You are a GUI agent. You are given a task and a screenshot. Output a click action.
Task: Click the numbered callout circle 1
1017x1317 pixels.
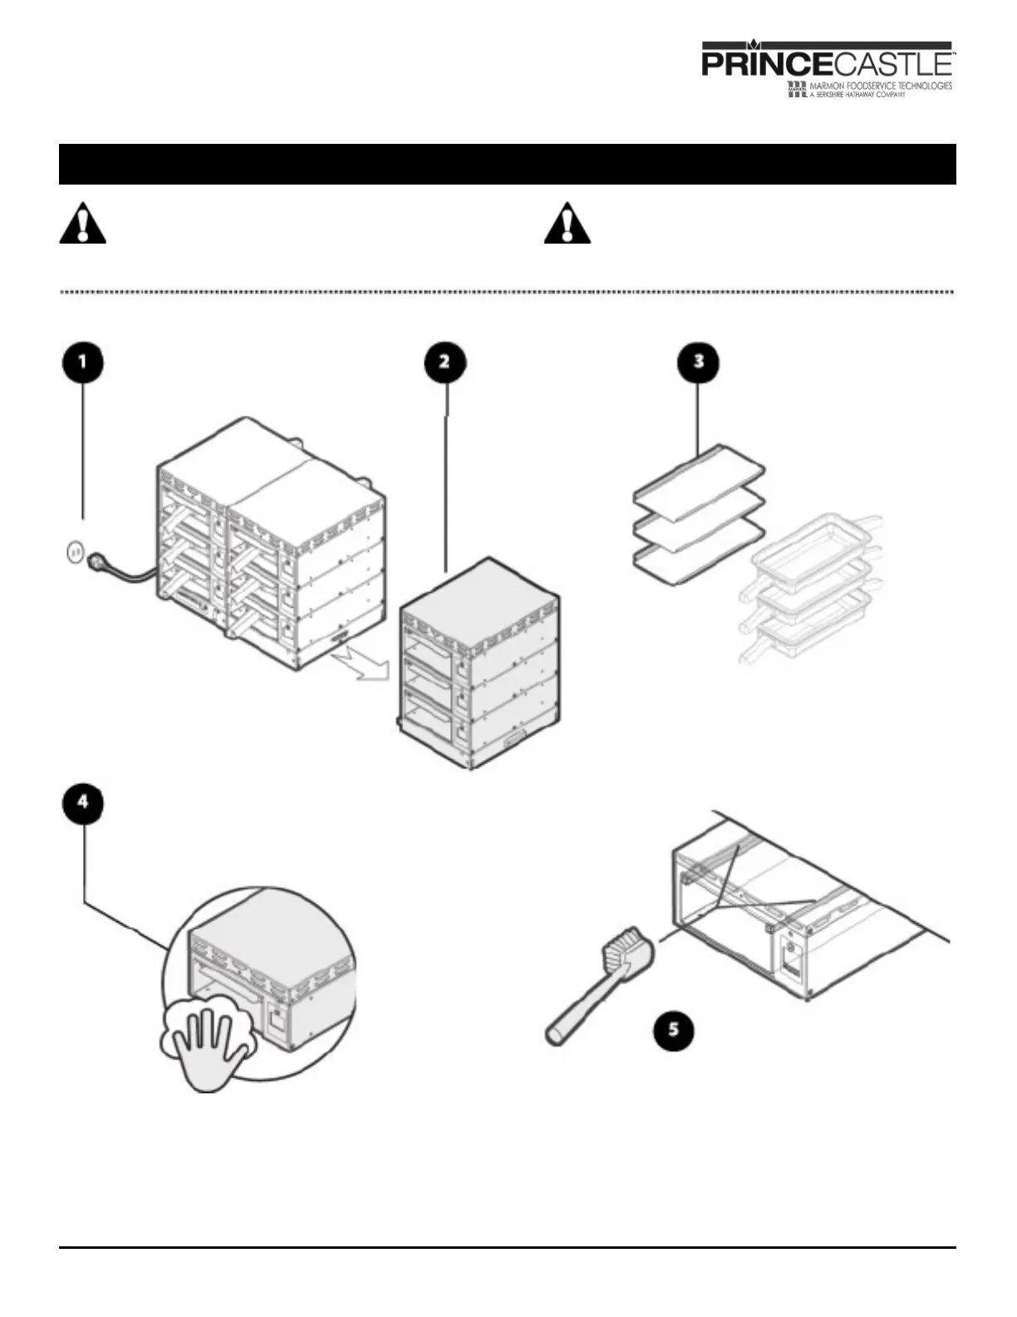(83, 363)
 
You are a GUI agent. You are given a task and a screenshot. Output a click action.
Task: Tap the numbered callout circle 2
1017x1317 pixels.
(445, 363)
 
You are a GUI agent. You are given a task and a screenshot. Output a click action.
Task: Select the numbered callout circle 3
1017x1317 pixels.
(699, 363)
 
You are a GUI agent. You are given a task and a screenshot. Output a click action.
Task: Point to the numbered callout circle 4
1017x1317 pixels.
(83, 804)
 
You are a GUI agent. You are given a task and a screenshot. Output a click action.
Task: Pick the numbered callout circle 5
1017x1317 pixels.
(673, 1029)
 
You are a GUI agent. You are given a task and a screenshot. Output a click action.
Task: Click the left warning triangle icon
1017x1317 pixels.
(82, 223)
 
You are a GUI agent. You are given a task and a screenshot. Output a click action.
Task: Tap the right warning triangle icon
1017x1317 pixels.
(567, 223)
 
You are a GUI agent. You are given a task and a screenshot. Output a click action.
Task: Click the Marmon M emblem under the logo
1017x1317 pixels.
(796, 90)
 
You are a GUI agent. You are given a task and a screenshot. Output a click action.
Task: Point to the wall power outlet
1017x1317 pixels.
(75, 550)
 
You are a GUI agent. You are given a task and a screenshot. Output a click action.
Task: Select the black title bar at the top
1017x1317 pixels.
(507, 164)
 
